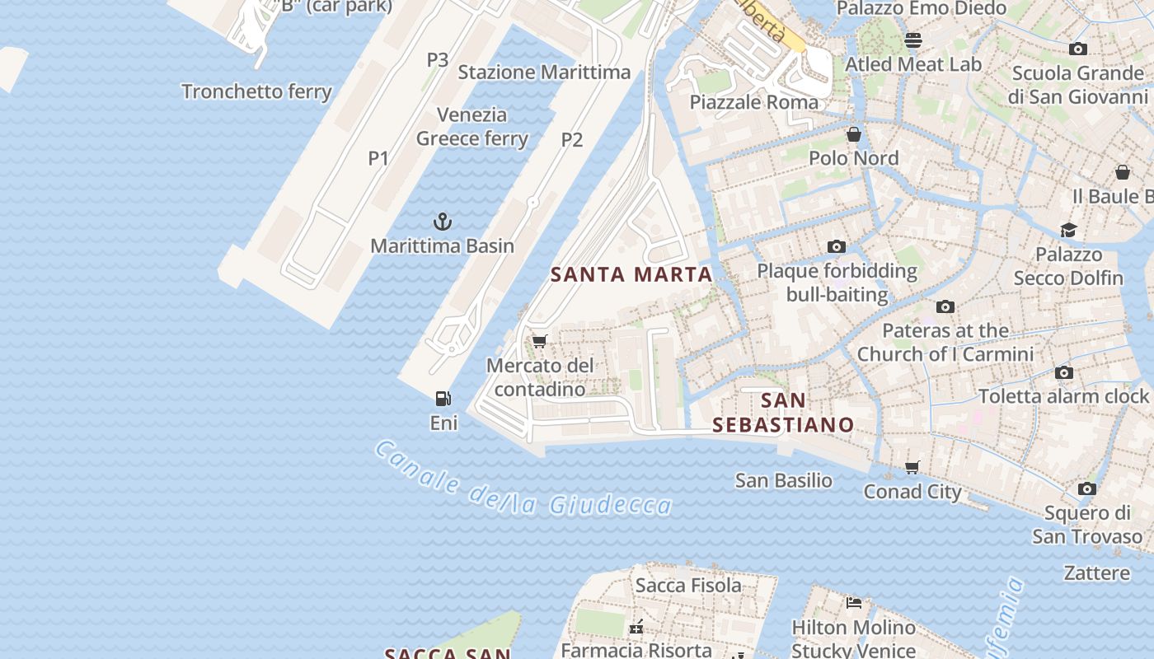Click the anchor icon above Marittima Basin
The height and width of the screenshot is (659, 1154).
[443, 222]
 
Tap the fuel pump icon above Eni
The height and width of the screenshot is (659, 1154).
[443, 399]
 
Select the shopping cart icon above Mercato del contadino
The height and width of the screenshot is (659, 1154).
[540, 341]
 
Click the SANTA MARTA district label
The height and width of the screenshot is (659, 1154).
[631, 275]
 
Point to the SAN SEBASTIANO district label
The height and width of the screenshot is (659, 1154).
[783, 413]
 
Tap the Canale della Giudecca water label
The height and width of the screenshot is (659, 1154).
[523, 480]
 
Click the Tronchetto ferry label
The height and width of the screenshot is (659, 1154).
[256, 91]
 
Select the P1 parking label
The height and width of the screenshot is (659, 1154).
[378, 158]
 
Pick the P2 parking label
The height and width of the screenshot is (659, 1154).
[572, 140]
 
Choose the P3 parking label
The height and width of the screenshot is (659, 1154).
[438, 60]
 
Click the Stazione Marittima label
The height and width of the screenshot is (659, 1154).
[544, 72]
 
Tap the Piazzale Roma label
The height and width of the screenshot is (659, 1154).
[754, 102]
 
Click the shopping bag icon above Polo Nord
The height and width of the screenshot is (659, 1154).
[854, 133]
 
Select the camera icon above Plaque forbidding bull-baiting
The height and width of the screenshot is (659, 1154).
[837, 247]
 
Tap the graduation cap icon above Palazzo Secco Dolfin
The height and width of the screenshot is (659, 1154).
[1068, 230]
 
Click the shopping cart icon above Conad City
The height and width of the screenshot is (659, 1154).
[912, 468]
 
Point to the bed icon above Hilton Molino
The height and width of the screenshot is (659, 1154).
[854, 603]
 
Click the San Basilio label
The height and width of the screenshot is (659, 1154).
[783, 480]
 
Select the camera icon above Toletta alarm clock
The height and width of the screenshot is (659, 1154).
[1064, 372]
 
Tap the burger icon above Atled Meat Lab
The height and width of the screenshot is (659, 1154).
[913, 40]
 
